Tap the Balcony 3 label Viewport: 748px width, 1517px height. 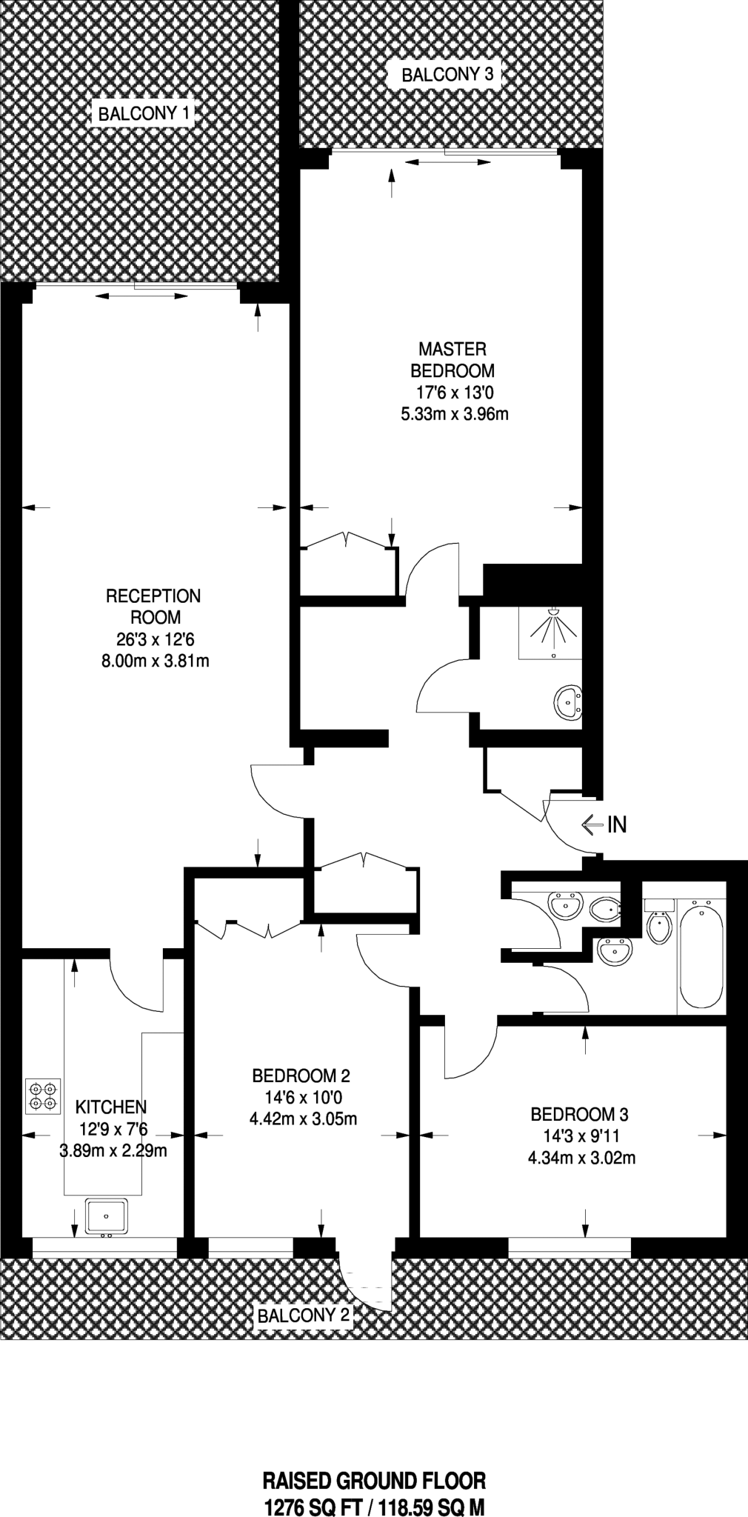447,74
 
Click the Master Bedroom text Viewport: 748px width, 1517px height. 453,359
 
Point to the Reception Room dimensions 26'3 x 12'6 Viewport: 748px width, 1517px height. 153,639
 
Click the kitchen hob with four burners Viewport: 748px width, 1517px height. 42,1097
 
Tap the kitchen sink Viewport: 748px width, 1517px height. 106,1216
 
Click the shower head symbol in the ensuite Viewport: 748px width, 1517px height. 552,613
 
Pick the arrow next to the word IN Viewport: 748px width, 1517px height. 592,824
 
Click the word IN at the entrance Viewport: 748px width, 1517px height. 617,824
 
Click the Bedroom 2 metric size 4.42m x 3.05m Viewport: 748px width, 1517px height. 303,1118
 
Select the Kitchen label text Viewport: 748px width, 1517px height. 111,1107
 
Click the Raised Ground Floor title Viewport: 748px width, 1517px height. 375,1481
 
